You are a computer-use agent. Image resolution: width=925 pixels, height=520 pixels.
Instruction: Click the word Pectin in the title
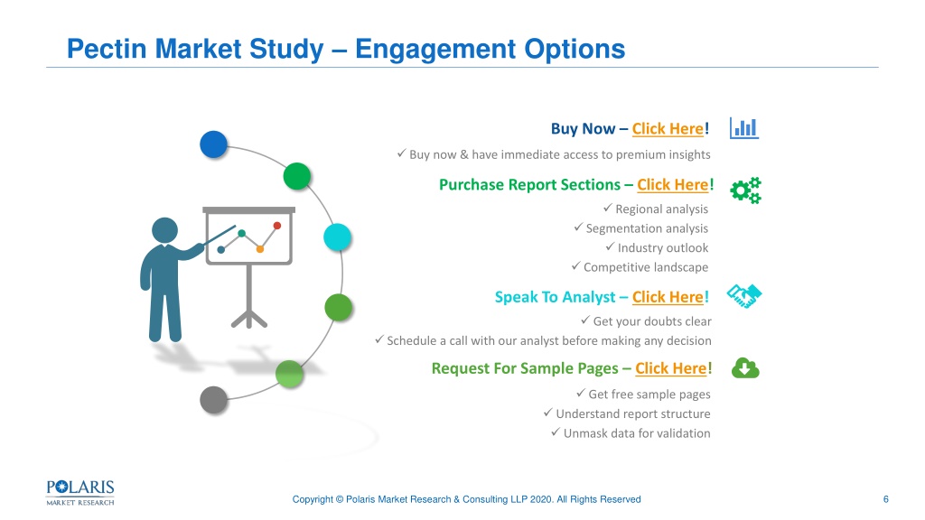coord(107,49)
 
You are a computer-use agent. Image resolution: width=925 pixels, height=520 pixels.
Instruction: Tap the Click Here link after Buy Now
coord(668,129)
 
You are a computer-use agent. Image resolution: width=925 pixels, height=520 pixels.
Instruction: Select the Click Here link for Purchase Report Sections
coord(672,185)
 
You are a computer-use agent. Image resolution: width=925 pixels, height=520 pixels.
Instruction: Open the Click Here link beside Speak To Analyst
coord(668,297)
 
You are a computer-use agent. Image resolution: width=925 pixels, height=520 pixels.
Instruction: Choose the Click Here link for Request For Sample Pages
coord(671,368)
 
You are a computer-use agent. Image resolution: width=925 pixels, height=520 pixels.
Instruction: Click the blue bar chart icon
coord(744,128)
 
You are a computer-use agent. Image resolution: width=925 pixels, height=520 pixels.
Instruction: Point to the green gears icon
coord(745,190)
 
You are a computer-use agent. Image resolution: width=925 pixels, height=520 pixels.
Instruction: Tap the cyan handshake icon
coord(744,296)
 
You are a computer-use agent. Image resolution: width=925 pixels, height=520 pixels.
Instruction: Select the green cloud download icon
coord(745,368)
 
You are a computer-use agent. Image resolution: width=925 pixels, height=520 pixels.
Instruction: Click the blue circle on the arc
coord(213,144)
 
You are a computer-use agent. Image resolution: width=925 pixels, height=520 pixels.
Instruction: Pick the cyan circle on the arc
coord(338,237)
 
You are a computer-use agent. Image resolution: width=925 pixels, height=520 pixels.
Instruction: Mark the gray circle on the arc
coord(213,400)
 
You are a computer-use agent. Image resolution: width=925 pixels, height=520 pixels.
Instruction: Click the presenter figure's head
coord(164,230)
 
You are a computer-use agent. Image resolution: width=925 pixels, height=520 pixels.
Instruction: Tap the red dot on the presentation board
coord(277,225)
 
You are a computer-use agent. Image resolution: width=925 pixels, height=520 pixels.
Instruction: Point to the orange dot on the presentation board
coord(259,249)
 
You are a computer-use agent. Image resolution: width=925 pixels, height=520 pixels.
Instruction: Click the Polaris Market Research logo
coord(80,493)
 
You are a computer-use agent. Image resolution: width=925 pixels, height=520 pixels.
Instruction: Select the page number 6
coord(885,499)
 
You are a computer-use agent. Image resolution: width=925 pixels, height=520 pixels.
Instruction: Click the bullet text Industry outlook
coord(662,248)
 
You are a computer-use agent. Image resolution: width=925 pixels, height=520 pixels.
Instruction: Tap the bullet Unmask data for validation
coord(637,433)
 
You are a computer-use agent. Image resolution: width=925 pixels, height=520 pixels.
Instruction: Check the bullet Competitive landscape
coord(645,267)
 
